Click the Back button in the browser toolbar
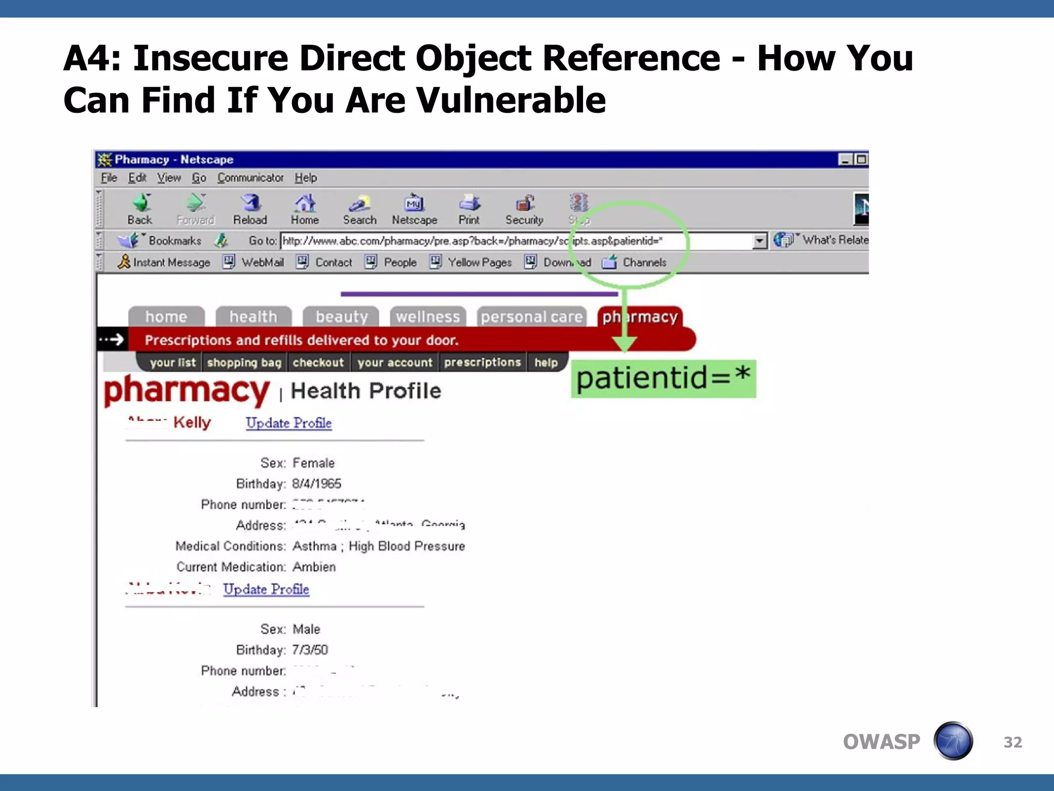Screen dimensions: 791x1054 point(140,209)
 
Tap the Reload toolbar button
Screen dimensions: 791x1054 point(250,209)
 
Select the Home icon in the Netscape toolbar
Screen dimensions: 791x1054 point(305,209)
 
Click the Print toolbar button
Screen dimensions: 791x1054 point(469,209)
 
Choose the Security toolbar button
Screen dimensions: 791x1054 point(524,209)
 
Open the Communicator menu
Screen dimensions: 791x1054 point(250,178)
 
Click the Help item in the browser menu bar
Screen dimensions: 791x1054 point(306,178)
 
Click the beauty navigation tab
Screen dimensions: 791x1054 point(341,317)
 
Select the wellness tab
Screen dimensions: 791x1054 point(428,317)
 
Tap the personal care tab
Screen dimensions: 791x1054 point(532,317)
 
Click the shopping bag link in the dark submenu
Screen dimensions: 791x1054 point(244,363)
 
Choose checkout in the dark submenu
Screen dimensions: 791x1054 point(318,363)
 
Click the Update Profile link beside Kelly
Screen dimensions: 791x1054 point(289,423)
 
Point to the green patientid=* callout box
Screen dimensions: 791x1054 point(663,379)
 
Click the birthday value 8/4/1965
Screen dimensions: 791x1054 point(317,484)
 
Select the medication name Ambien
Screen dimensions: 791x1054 point(314,567)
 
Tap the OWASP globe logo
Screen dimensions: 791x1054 point(953,741)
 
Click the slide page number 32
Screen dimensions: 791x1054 point(1012,742)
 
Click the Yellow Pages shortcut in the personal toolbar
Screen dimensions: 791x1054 point(479,263)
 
